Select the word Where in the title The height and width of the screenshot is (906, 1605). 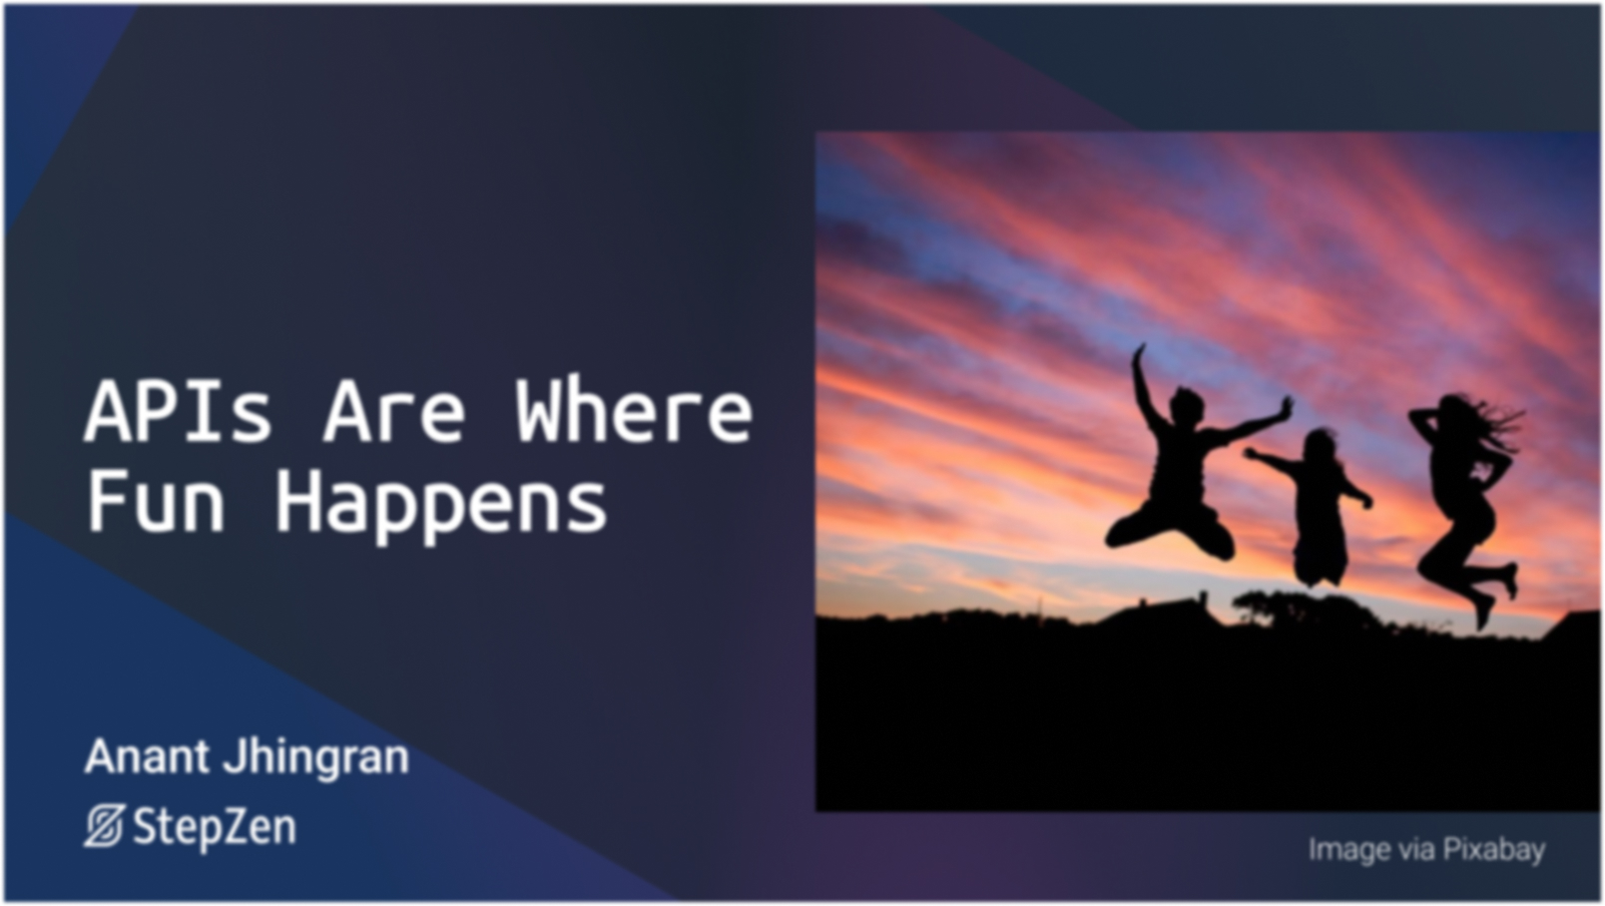click(x=634, y=410)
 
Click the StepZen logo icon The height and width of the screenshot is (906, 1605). click(x=105, y=826)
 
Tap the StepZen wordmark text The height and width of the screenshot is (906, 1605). click(x=215, y=828)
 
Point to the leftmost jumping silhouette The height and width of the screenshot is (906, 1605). click(x=1190, y=458)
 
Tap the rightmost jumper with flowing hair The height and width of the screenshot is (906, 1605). click(x=1461, y=501)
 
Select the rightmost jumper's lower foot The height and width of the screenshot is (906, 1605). click(x=1482, y=613)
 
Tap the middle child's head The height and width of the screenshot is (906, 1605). click(x=1320, y=445)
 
